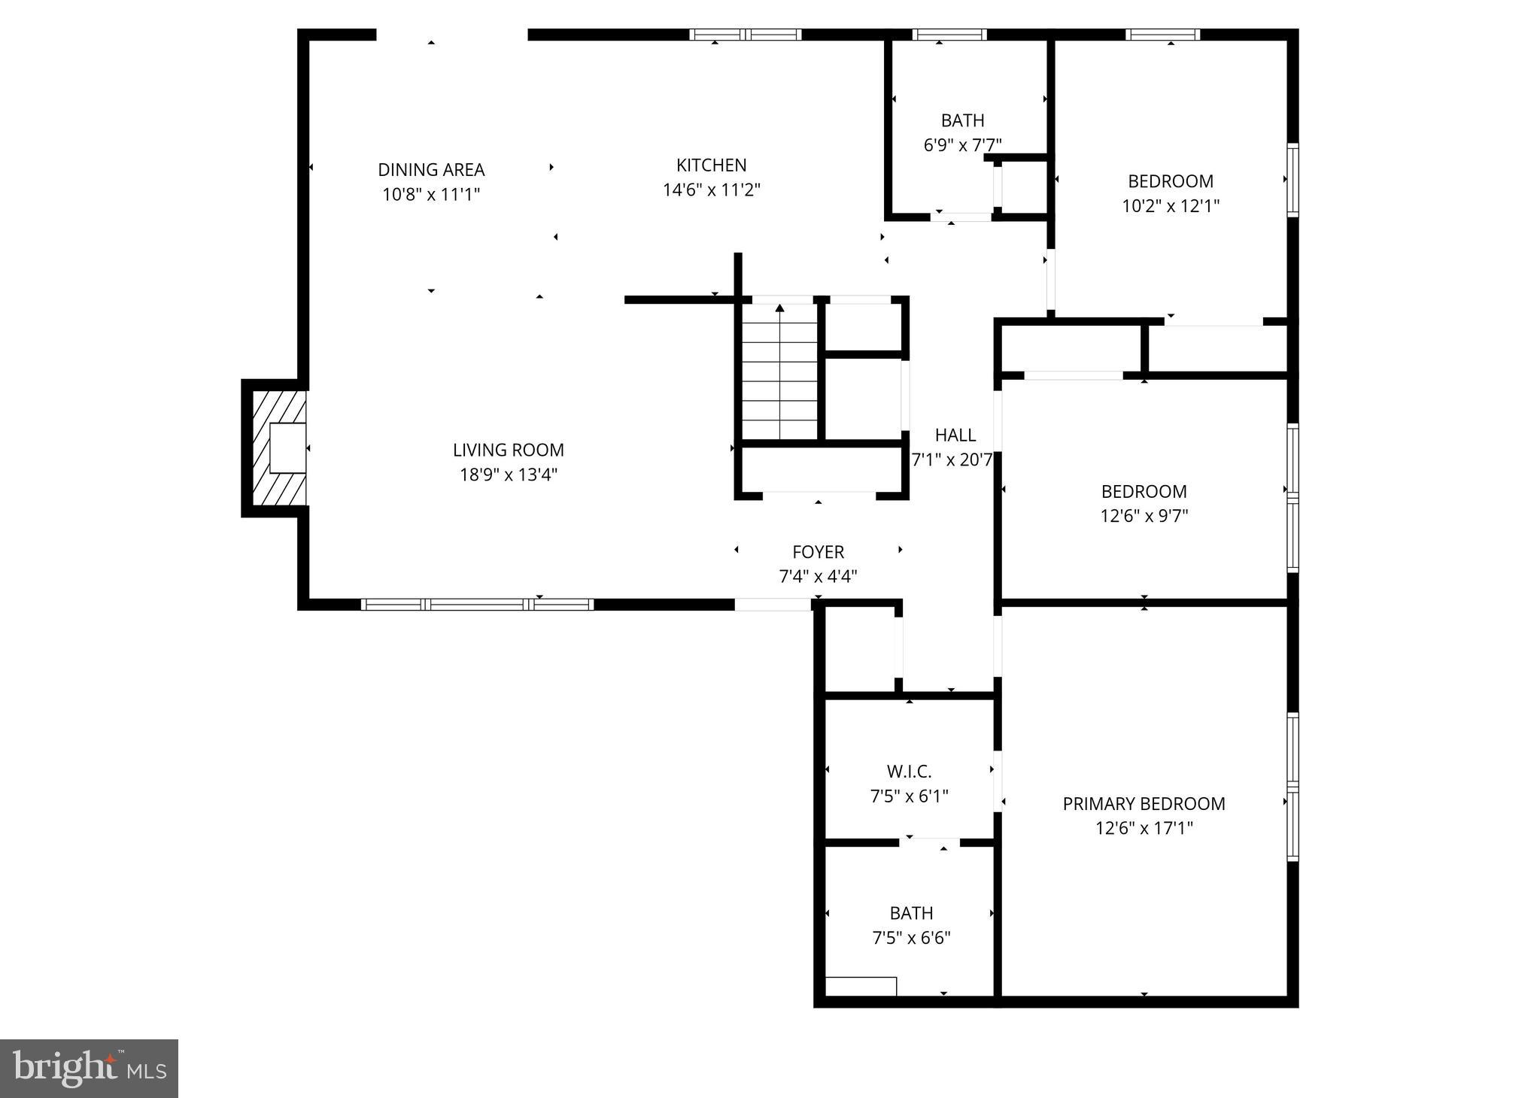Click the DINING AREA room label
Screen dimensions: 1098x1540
tap(431, 170)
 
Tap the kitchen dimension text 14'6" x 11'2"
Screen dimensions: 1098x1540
tap(711, 190)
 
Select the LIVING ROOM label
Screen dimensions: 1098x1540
tap(508, 450)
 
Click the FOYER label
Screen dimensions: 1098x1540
tap(818, 552)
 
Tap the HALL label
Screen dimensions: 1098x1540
tap(955, 435)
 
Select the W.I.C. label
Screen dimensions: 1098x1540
tap(909, 772)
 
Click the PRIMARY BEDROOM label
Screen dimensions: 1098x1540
tap(1143, 804)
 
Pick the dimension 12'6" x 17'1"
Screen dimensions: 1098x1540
tap(1143, 829)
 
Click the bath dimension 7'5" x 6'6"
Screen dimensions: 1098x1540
tap(911, 938)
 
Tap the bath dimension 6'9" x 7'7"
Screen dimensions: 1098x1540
tap(962, 145)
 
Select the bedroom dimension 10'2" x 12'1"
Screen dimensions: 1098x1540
tap(1170, 206)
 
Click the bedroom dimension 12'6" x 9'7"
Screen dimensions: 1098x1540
tap(1143, 516)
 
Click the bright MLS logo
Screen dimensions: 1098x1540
tap(89, 1068)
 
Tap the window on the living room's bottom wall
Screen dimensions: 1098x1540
tap(477, 604)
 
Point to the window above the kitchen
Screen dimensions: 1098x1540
tap(745, 35)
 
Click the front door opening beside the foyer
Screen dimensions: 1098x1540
tap(773, 604)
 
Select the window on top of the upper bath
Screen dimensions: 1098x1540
tap(949, 35)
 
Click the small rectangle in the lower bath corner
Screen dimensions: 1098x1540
tap(861, 986)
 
